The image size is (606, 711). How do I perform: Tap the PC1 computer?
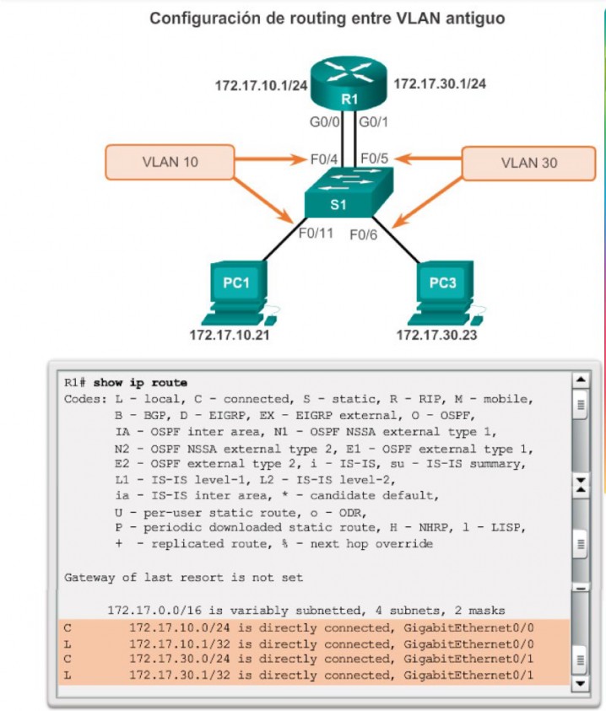[235, 292]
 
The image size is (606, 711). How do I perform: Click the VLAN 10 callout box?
[170, 162]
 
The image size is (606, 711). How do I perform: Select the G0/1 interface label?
[375, 123]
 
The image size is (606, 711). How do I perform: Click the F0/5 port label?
[376, 158]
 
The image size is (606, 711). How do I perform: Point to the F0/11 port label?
[317, 233]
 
